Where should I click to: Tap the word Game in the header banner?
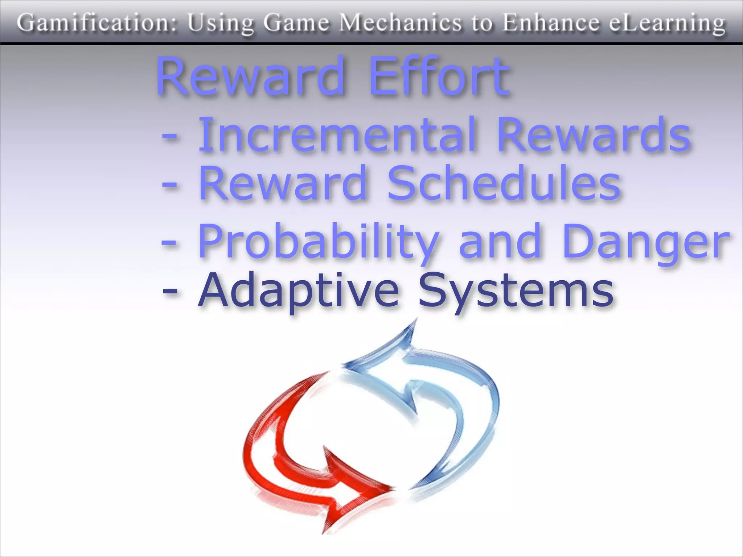(296, 23)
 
